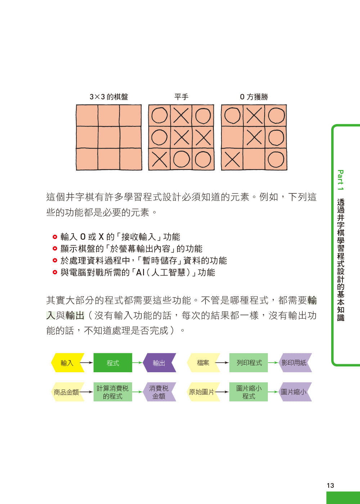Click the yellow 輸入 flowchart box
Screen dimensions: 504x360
(x=67, y=363)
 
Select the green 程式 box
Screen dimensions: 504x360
(x=113, y=363)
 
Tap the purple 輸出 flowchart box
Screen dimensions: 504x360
(x=159, y=363)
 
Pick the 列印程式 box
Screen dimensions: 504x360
(x=249, y=363)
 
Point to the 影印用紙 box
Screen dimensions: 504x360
(x=294, y=363)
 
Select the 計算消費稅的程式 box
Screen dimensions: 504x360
(x=113, y=392)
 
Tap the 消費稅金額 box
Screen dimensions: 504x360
(x=159, y=392)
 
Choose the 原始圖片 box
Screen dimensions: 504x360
(x=202, y=392)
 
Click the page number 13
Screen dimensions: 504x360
(x=330, y=485)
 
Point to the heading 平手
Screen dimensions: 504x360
(x=181, y=97)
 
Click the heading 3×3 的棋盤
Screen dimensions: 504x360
(x=109, y=97)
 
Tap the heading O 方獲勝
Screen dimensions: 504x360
(x=254, y=97)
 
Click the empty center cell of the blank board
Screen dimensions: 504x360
(x=109, y=138)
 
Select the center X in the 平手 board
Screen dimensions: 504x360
(x=181, y=138)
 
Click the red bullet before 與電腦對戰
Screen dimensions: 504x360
(x=55, y=272)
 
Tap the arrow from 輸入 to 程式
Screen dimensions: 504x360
(x=86, y=363)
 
